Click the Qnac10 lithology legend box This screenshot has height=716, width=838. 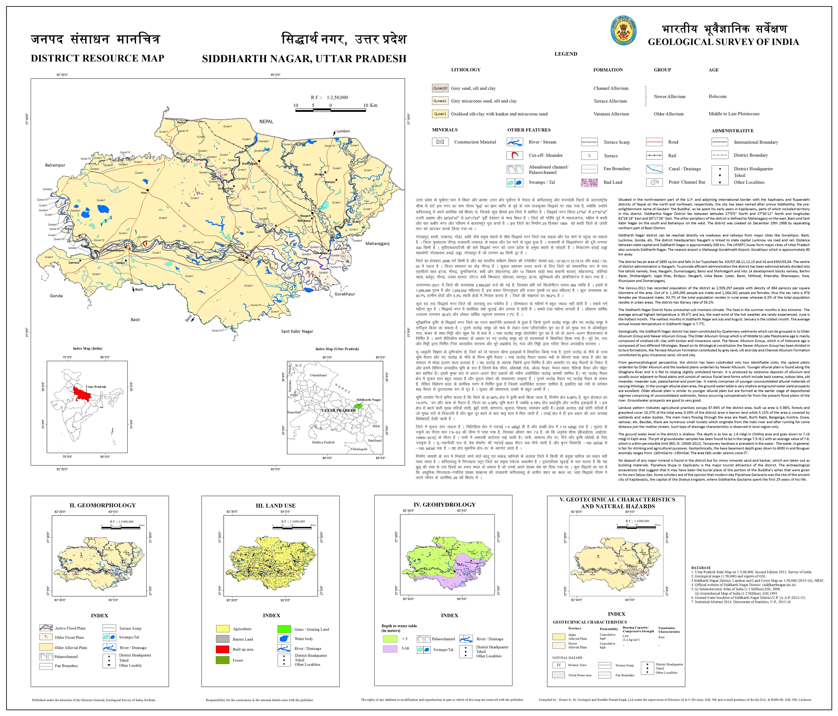click(440, 88)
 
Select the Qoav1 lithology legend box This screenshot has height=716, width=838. click(440, 114)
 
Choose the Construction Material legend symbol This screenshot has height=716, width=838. click(440, 142)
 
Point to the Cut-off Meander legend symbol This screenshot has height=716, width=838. click(514, 155)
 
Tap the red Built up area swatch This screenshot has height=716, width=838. click(222, 649)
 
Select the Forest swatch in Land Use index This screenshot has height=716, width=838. click(222, 660)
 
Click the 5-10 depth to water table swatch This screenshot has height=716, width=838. click(390, 648)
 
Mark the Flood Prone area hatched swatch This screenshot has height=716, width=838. click(558, 675)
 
